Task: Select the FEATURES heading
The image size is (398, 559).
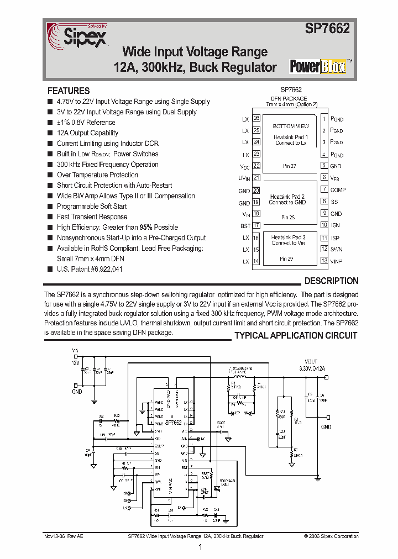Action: tap(69, 91)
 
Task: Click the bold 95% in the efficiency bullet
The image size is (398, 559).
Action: tap(146, 227)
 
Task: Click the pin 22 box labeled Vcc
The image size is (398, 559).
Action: tap(256, 166)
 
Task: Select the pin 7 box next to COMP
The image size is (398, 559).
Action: tap(324, 190)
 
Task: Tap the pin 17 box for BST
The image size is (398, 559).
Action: tap(256, 225)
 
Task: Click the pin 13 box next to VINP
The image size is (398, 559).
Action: tap(324, 261)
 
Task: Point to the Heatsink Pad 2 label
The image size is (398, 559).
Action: tap(287, 196)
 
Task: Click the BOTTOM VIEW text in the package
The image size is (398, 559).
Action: tap(291, 126)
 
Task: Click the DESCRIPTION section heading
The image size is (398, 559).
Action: tap(331, 281)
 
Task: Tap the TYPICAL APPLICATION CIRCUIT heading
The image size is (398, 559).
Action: tap(296, 335)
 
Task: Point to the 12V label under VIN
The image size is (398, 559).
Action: tap(75, 362)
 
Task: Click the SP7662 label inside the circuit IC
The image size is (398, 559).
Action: tap(173, 423)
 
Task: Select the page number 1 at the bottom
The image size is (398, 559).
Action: tap(200, 547)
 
